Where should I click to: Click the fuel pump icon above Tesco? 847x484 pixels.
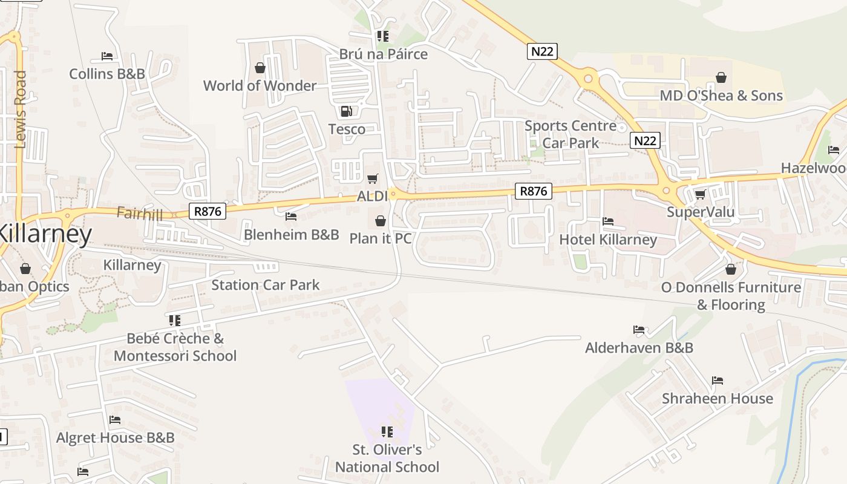click(x=346, y=111)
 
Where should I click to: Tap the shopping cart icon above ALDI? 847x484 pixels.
click(x=373, y=178)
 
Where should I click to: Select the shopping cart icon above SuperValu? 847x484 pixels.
click(x=700, y=194)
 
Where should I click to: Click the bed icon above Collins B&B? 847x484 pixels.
click(x=107, y=56)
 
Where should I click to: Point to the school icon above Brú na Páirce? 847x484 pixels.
click(x=382, y=36)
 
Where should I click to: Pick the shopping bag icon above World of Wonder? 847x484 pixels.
click(x=260, y=67)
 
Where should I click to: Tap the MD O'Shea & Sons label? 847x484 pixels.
click(x=721, y=96)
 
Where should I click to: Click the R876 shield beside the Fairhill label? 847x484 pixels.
click(x=208, y=211)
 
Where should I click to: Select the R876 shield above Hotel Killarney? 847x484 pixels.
click(x=534, y=191)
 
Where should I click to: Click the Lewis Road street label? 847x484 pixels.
click(x=21, y=110)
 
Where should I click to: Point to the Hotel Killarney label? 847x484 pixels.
click(x=607, y=240)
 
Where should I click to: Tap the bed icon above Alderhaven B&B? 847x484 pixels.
click(x=639, y=330)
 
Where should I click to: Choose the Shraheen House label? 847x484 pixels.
click(x=717, y=398)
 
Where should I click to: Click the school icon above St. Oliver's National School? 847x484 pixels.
click(x=387, y=432)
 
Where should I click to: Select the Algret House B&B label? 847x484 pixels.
click(x=115, y=437)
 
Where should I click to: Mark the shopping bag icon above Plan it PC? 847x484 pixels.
click(x=381, y=221)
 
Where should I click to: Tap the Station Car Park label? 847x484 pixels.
click(x=265, y=285)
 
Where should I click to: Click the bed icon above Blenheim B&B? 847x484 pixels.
click(x=291, y=216)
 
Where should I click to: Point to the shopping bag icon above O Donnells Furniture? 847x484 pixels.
click(x=731, y=269)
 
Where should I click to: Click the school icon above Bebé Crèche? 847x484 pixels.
click(x=175, y=320)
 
